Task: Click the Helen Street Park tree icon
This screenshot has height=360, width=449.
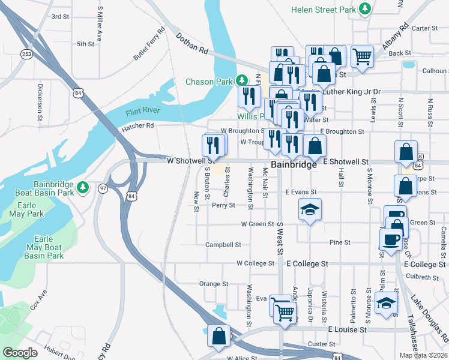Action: tap(364, 8)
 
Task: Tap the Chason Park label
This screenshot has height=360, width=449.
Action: tap(208, 82)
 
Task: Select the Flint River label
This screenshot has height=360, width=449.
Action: tap(142, 112)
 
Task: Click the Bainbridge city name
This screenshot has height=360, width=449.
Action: tap(294, 164)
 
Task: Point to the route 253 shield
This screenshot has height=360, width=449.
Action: tap(26, 54)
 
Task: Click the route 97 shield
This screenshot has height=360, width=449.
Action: tap(103, 188)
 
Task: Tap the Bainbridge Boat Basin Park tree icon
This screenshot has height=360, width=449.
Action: tap(83, 187)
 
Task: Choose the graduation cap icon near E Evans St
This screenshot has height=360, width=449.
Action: tap(309, 210)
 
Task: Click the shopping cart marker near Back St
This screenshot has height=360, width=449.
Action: tap(362, 57)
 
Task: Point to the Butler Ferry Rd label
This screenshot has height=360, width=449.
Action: tap(149, 44)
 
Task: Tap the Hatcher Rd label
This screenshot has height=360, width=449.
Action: tap(138, 126)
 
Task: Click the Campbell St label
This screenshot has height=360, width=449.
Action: tap(223, 245)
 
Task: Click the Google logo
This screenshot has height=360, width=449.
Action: tap(20, 353)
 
